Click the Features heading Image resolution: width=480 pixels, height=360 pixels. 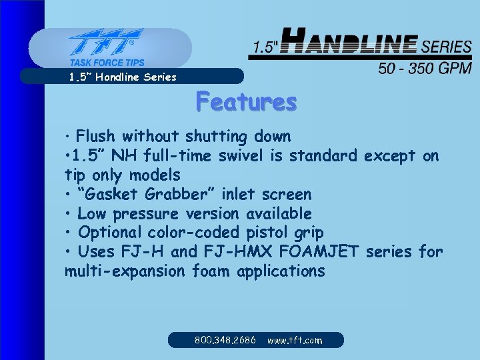(x=246, y=102)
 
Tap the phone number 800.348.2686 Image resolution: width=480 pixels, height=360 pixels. (x=225, y=340)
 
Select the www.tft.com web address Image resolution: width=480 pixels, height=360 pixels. (x=295, y=340)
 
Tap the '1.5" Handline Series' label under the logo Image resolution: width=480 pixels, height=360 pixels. (x=123, y=77)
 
